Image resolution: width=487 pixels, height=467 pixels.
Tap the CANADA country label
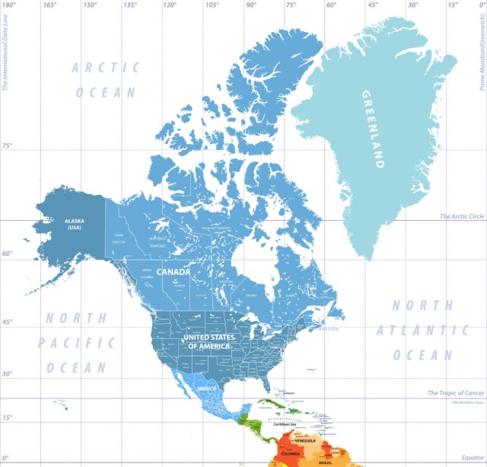point(173,271)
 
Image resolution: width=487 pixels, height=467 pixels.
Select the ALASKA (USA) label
point(75,224)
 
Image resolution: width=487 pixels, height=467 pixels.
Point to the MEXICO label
point(207,389)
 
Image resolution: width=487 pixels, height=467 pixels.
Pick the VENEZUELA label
point(304,440)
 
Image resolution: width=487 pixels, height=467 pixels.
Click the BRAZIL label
point(325,462)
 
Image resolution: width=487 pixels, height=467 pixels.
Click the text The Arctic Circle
point(460,217)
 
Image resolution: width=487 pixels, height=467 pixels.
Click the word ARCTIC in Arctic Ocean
point(107,68)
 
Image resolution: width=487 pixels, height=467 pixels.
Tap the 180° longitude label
point(9,5)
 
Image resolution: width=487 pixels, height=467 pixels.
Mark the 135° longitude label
point(130,5)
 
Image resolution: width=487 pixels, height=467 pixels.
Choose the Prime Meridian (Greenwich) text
point(480,46)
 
